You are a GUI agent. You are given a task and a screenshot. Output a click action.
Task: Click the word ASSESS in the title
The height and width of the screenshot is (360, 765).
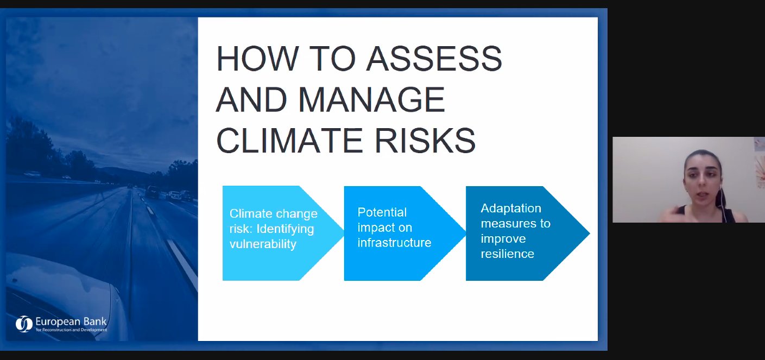(x=434, y=59)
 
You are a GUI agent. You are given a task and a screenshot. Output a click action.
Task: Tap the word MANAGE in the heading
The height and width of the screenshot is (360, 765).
(x=371, y=99)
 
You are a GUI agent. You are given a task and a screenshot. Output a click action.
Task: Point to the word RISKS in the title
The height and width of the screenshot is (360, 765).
(x=425, y=141)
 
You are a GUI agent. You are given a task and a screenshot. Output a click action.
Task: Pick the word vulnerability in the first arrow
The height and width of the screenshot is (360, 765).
(x=263, y=244)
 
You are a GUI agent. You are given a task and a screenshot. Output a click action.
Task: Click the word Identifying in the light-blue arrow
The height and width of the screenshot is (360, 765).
(x=285, y=229)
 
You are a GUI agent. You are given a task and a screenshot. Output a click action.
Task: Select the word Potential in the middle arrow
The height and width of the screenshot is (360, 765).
(x=382, y=212)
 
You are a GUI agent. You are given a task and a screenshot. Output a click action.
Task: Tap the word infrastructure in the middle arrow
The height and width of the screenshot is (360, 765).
(x=395, y=243)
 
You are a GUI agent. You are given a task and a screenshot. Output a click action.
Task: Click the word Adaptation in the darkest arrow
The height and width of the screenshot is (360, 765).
(x=511, y=209)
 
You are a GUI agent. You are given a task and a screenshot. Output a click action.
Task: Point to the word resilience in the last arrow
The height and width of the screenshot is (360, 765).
(x=508, y=254)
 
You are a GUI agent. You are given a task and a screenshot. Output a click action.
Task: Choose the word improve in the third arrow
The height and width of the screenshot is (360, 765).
(x=503, y=239)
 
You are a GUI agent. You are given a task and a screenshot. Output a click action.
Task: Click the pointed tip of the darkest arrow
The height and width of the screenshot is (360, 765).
(x=590, y=233)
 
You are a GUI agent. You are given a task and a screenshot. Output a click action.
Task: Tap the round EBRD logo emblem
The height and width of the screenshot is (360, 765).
(x=24, y=324)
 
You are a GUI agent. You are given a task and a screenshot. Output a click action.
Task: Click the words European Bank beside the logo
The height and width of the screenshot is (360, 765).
(x=71, y=322)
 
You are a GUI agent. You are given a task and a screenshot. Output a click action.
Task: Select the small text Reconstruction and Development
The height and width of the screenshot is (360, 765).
(x=74, y=330)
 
